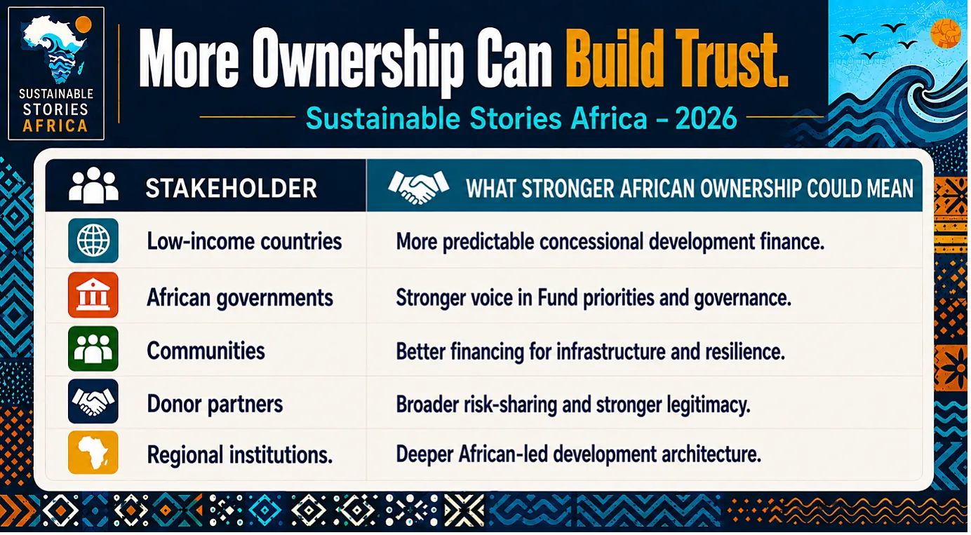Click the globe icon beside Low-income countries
[93, 241]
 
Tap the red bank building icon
[93, 295]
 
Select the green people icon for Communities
[93, 348]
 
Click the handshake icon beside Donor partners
[93, 402]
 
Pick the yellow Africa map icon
[93, 453]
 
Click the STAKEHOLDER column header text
[232, 188]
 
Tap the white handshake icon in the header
[419, 187]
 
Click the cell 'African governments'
[240, 298]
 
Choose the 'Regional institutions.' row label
[240, 455]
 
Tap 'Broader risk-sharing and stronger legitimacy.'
[573, 405]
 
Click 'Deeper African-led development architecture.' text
[578, 454]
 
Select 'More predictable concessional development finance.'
[610, 242]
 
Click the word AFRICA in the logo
[55, 126]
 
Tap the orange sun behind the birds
[946, 34]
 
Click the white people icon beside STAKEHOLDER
[93, 185]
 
